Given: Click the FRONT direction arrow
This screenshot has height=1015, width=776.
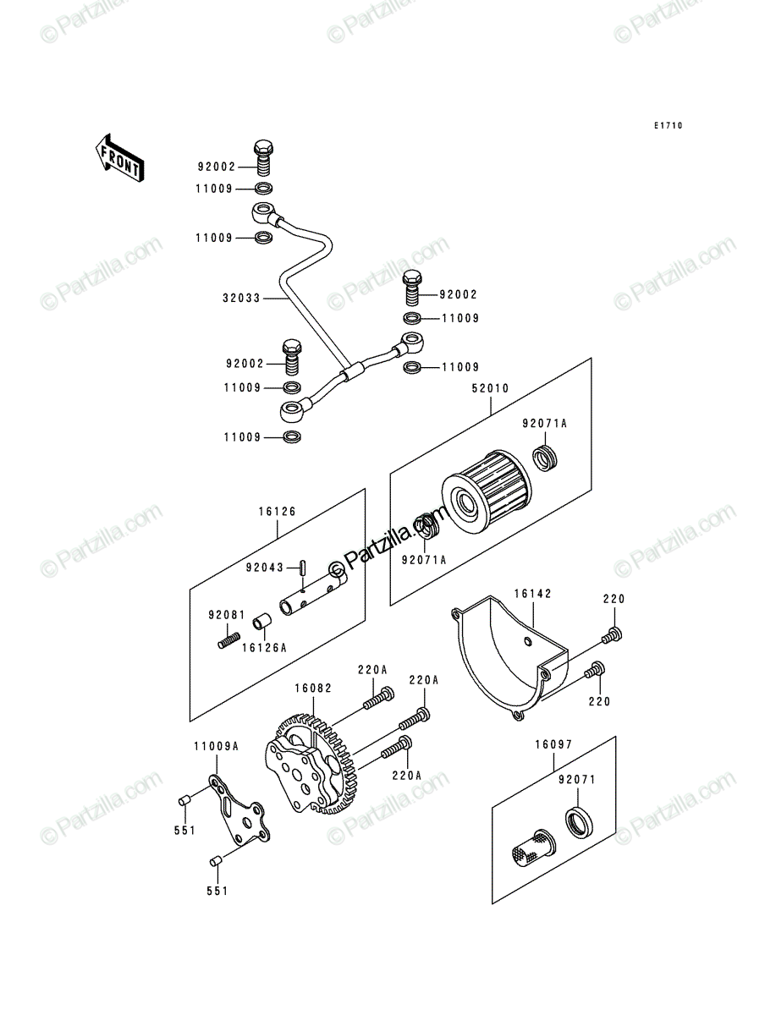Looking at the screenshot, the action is [x=119, y=159].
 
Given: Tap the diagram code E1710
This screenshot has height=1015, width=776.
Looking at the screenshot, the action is [x=668, y=125].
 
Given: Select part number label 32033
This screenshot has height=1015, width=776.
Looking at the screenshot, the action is [x=241, y=299].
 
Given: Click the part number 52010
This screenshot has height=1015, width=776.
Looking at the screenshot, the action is [x=490, y=388].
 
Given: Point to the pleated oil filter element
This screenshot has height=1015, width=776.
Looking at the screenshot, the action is [x=487, y=490].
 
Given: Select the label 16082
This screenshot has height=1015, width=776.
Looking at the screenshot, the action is [x=313, y=689].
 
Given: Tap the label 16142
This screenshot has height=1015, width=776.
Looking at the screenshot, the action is [x=533, y=593].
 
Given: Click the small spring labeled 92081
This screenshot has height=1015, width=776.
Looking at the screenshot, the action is [x=229, y=641].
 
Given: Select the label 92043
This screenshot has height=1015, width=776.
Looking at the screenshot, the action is [x=265, y=568].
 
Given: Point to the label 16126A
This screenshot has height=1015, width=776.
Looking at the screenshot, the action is [x=264, y=648].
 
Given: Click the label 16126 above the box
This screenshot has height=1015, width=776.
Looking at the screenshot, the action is [x=277, y=511].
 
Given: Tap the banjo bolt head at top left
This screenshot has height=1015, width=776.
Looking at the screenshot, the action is [x=263, y=147].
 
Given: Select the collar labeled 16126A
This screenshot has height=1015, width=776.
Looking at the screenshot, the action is [x=261, y=621].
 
